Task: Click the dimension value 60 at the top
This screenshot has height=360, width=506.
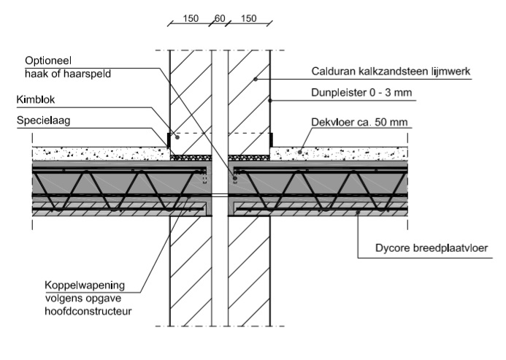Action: point(220,18)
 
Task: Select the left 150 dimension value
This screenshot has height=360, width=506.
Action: point(191,18)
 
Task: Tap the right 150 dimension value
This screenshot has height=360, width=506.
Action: point(248,18)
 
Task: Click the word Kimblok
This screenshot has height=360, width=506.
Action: point(36,100)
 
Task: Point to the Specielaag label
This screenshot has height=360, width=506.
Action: point(44,120)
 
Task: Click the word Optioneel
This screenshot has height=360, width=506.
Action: point(48,61)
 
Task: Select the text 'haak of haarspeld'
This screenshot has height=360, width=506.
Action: point(68,74)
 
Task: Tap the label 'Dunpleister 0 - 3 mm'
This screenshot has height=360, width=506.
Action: point(361,93)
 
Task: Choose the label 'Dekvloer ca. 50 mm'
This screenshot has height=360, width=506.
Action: point(359,123)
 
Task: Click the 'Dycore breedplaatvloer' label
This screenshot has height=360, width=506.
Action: point(432,248)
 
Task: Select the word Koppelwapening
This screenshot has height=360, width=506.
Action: point(85,286)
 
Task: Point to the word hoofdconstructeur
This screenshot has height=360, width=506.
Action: point(88,311)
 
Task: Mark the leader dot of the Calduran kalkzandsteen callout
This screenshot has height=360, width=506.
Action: point(256,79)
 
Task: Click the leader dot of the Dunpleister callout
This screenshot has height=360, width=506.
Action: point(270,101)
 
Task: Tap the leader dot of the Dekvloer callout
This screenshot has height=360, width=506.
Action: point(300,152)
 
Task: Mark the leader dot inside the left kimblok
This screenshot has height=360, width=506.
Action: point(177,137)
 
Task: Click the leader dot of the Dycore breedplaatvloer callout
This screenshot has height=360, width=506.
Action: point(358,212)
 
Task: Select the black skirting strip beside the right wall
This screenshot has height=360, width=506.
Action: point(272,139)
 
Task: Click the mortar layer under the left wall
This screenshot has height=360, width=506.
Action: point(191,158)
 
